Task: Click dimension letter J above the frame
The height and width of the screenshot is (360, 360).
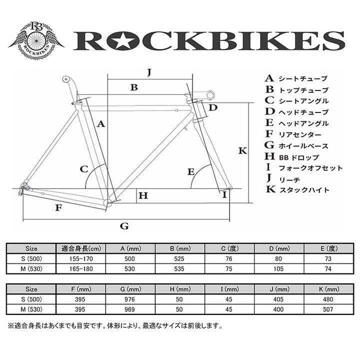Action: (x=149, y=72)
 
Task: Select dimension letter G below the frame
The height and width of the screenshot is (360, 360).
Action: (x=125, y=226)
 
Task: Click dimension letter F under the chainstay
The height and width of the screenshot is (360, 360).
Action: (x=59, y=207)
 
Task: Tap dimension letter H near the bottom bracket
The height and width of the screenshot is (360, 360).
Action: (x=143, y=195)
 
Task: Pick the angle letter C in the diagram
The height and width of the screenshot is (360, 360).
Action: (x=84, y=168)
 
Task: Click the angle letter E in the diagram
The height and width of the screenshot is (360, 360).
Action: (x=191, y=171)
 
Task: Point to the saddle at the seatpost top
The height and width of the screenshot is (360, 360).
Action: (x=65, y=79)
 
